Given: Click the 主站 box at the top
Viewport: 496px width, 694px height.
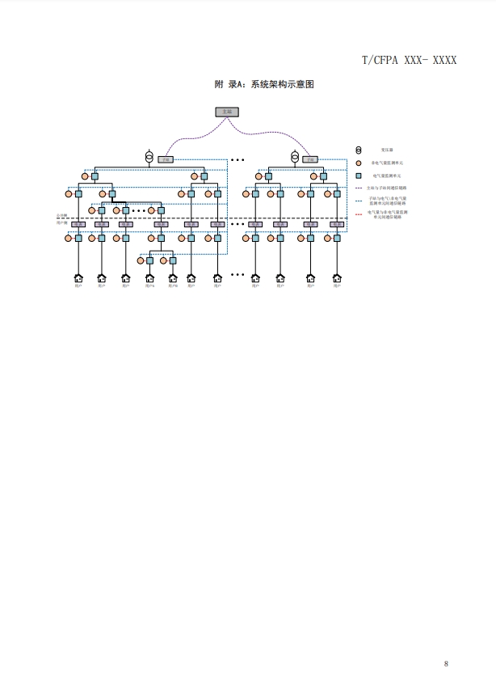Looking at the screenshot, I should [226, 112].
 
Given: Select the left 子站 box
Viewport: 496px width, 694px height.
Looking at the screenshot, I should [166, 160].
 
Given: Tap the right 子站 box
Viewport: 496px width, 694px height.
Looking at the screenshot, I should [310, 160].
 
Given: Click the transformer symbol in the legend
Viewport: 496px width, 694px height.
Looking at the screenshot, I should [359, 150].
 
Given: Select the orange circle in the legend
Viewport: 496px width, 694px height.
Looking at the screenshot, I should [359, 163].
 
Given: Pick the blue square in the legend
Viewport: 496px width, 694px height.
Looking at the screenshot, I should [359, 175].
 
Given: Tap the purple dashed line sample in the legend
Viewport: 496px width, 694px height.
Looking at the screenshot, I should [359, 187].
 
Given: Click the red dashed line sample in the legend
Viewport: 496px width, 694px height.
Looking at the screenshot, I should [359, 214].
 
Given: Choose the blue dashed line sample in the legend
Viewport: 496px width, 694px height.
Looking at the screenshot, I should [359, 199].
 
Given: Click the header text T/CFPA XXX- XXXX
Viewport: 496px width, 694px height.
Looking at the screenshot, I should [409, 61].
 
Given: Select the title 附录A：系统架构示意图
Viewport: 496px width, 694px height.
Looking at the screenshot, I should [263, 84].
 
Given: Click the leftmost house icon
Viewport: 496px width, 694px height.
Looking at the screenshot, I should [78, 278].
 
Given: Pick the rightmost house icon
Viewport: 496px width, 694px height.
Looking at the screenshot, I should [337, 278].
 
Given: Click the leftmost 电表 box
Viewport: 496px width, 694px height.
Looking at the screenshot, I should [78, 224].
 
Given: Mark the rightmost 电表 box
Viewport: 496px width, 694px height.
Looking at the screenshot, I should [337, 224].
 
